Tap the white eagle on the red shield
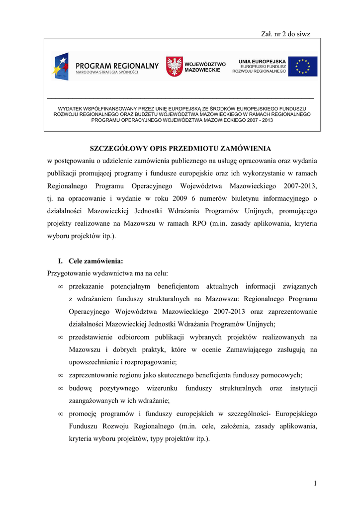pyautogui.click(x=174, y=67)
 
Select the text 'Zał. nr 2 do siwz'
pyautogui.click(x=285, y=33)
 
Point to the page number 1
pyautogui.click(x=315, y=483)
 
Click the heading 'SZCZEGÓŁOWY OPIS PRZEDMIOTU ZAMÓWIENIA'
pyautogui.click(x=180, y=148)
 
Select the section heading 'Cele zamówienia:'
pyautogui.click(x=96, y=260)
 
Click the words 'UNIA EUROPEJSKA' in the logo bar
pyautogui.click(x=263, y=61)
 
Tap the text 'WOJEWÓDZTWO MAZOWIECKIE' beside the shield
pyautogui.click(x=205, y=67)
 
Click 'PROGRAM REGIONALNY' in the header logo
pyautogui.click(x=117, y=66)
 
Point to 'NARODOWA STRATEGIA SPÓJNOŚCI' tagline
pyautogui.click(x=107, y=73)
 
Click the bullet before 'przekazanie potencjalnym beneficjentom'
pyautogui.click(x=60, y=287)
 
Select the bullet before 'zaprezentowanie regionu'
pyautogui.click(x=60, y=375)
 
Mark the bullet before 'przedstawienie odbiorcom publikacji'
pyautogui.click(x=60, y=338)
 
